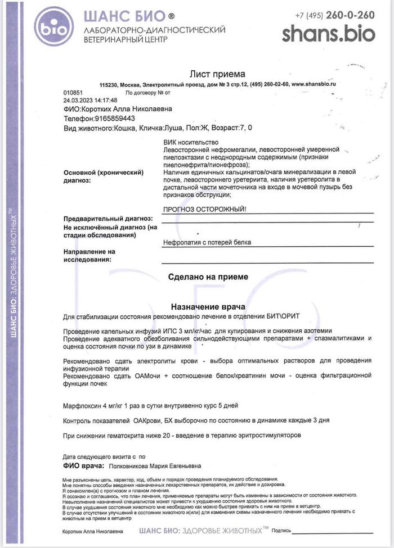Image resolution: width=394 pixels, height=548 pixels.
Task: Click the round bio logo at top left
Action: click(53, 26)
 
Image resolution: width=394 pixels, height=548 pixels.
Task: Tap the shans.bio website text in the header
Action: click(328, 33)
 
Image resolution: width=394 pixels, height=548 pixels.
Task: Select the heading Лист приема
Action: click(217, 74)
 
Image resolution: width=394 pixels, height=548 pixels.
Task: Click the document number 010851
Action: click(73, 93)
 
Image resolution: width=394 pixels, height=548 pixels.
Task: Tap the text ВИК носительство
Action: click(190, 142)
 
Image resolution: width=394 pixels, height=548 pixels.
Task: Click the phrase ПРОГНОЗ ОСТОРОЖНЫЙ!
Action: click(204, 209)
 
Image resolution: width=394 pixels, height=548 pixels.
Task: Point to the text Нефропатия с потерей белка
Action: click(207, 242)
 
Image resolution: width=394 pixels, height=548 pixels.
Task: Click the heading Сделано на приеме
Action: click(208, 277)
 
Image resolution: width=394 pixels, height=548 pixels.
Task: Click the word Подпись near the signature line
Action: click(281, 531)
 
